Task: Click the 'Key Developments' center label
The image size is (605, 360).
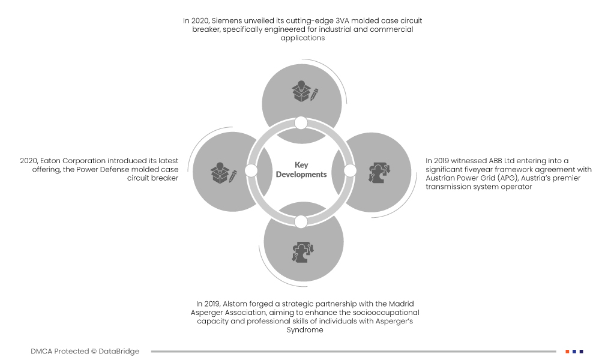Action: pyautogui.click(x=301, y=170)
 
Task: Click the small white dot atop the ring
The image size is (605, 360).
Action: pyautogui.click(x=301, y=123)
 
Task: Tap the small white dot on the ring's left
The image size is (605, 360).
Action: pyautogui.click(x=251, y=171)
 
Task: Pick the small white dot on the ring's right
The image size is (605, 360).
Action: pyautogui.click(x=351, y=171)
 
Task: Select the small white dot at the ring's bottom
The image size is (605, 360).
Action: pyautogui.click(x=301, y=221)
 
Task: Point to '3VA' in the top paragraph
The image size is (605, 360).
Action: pyautogui.click(x=318, y=20)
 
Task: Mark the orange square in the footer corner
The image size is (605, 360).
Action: pyautogui.click(x=567, y=352)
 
